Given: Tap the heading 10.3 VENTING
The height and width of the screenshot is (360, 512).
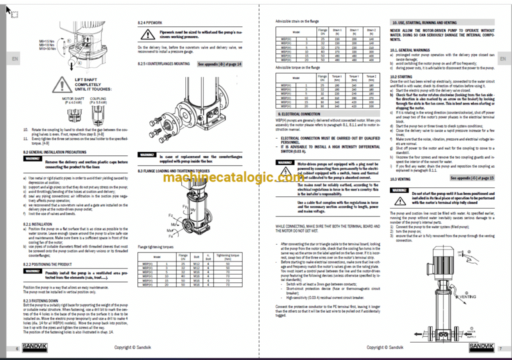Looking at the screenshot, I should coord(400,178).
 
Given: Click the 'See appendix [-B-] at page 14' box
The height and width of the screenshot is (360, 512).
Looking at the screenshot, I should coord(219,64).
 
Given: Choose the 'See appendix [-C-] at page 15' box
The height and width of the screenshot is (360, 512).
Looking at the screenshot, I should coord(472,177).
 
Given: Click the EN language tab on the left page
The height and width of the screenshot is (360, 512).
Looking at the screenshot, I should coord(14,58).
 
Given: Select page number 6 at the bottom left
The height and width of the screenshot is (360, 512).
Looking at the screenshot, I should coord(17,348).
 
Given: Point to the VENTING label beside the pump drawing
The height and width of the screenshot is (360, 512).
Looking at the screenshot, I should coord(469,296).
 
